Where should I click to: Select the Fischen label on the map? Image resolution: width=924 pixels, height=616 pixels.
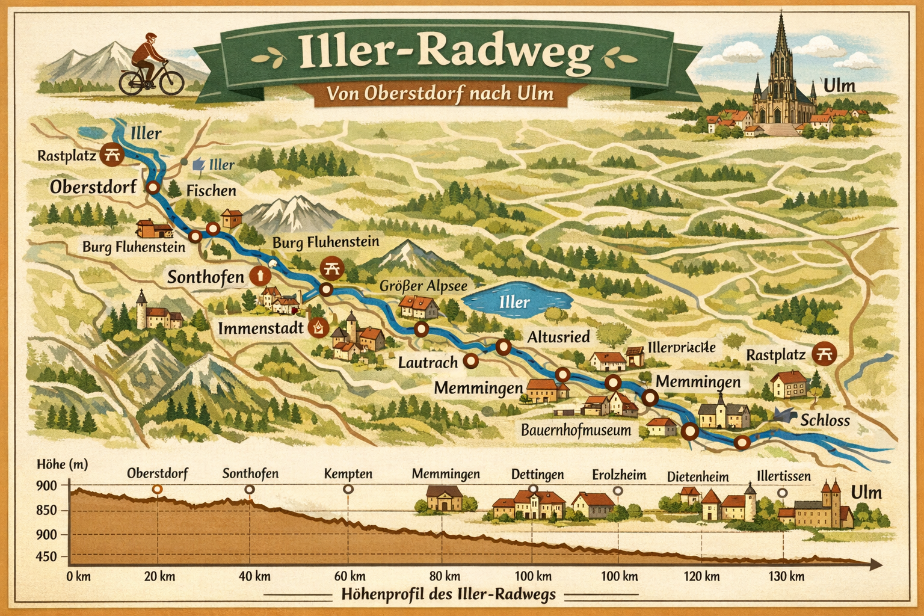[211, 191]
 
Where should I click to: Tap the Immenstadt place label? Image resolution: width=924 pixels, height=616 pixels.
[261, 328]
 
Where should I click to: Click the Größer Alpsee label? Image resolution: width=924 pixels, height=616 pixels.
[423, 285]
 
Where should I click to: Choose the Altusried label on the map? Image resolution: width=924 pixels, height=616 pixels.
[558, 337]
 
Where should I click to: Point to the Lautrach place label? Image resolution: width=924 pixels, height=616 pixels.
[428, 363]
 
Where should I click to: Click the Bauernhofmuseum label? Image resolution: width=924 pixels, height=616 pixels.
[576, 430]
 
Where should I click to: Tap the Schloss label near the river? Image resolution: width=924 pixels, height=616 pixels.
[825, 420]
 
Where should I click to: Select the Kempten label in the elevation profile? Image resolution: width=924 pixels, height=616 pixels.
[348, 474]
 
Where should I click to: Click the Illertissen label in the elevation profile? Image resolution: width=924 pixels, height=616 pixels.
[783, 476]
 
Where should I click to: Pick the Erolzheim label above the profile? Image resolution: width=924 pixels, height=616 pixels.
[619, 475]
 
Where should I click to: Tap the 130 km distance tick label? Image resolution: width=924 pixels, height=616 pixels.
[787, 576]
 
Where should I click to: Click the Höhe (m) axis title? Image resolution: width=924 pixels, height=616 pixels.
[61, 464]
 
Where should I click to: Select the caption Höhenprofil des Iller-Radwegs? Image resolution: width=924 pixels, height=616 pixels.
[448, 595]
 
